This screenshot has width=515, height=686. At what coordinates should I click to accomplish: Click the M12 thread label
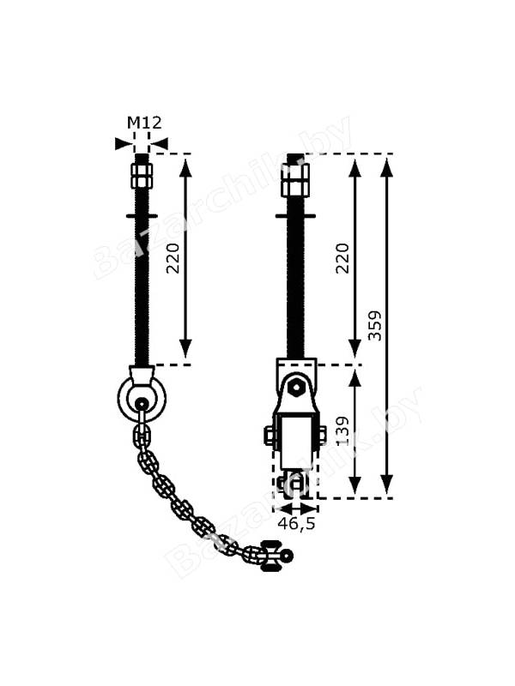(x=144, y=123)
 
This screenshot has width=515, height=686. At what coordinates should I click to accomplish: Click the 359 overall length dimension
(x=375, y=326)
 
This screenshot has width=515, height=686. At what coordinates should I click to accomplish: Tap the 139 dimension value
(x=342, y=431)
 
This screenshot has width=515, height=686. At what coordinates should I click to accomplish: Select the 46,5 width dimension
(x=296, y=523)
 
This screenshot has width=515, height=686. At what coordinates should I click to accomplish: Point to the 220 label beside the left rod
(x=173, y=258)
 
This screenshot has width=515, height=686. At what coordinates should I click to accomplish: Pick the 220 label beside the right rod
(x=342, y=258)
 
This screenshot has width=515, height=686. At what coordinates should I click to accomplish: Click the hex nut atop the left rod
(x=141, y=175)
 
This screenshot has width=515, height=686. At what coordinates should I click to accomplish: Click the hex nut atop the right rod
(x=295, y=180)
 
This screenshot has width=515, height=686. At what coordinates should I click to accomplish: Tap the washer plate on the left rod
(x=142, y=216)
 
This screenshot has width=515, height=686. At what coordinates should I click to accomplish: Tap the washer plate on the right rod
(x=295, y=216)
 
